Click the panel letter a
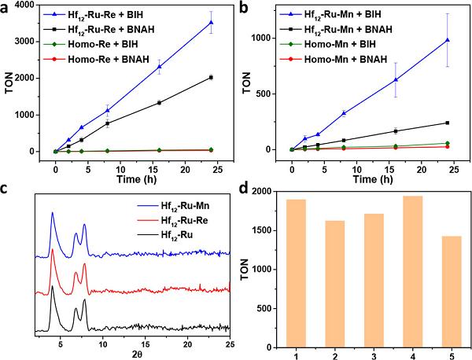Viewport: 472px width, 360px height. (x=6, y=9)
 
